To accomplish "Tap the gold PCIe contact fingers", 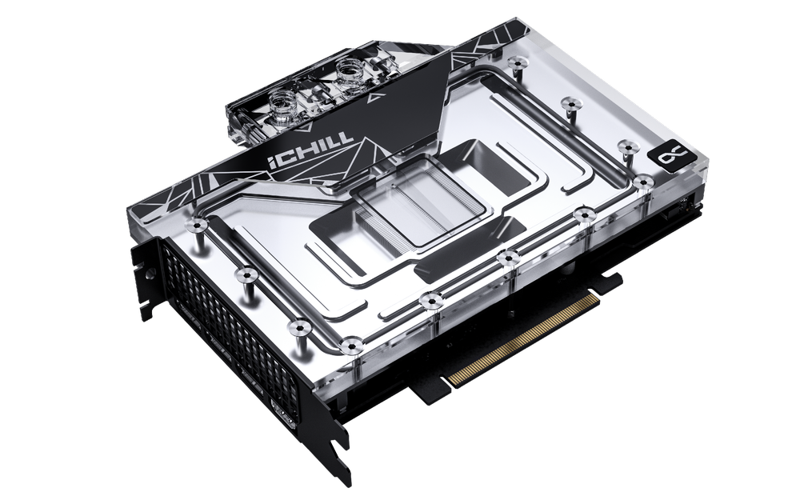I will click(x=524, y=336).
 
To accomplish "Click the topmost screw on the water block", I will click(x=518, y=62).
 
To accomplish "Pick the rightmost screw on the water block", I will click(x=642, y=182).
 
